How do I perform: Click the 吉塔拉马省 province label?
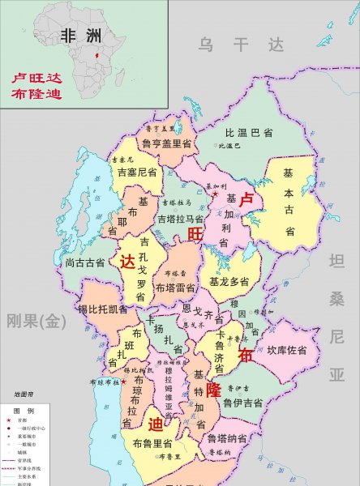(179, 219)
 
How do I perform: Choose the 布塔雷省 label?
(175, 287)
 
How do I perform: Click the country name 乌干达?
(242, 45)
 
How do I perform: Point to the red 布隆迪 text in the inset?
(36, 95)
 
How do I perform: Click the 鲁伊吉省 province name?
(242, 403)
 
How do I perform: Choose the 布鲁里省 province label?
(152, 444)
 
